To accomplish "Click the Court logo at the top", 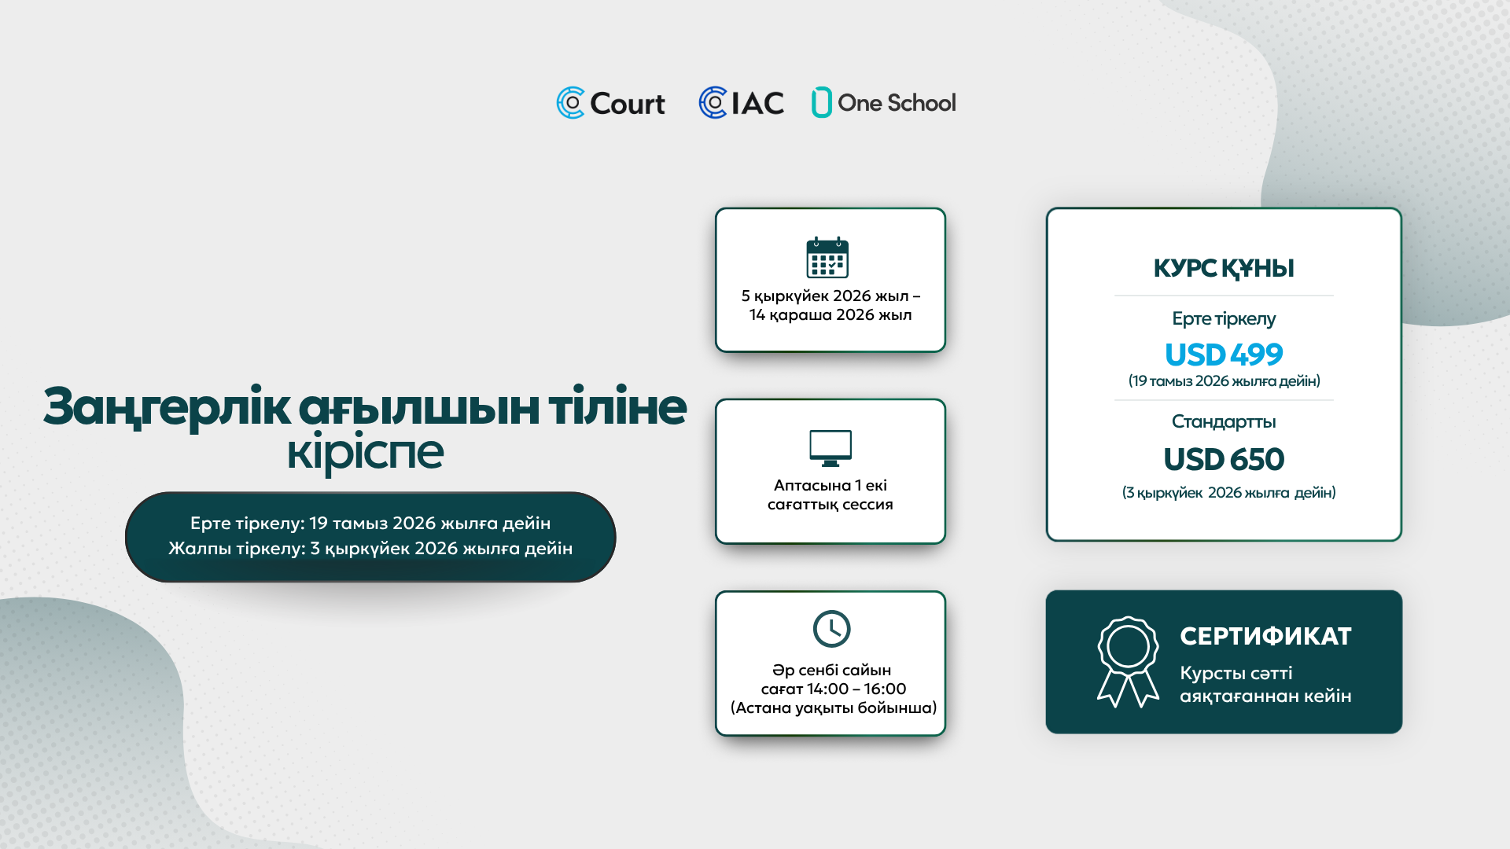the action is [610, 103].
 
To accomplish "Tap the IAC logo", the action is [741, 103].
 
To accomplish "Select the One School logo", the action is [884, 102].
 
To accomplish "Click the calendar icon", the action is [827, 257].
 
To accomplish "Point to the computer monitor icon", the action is [830, 448].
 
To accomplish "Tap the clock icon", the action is [831, 629].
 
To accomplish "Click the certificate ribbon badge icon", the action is [1128, 662].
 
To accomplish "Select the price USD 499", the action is [1224, 355].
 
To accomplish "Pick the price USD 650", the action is [1224, 459].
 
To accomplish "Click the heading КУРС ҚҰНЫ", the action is [1224, 268].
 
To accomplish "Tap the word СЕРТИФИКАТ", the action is [1265, 636].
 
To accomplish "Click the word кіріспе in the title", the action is [365, 452].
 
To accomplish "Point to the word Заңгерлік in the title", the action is [167, 407].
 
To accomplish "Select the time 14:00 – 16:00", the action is [856, 689].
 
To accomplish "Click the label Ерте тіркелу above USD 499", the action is [1224, 319].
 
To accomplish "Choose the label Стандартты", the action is [1224, 422].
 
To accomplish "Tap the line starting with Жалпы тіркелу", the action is [370, 549].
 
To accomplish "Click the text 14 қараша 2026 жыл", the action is [830, 315].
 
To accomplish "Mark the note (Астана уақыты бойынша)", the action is [834, 708].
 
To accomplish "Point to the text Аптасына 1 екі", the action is [830, 485].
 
